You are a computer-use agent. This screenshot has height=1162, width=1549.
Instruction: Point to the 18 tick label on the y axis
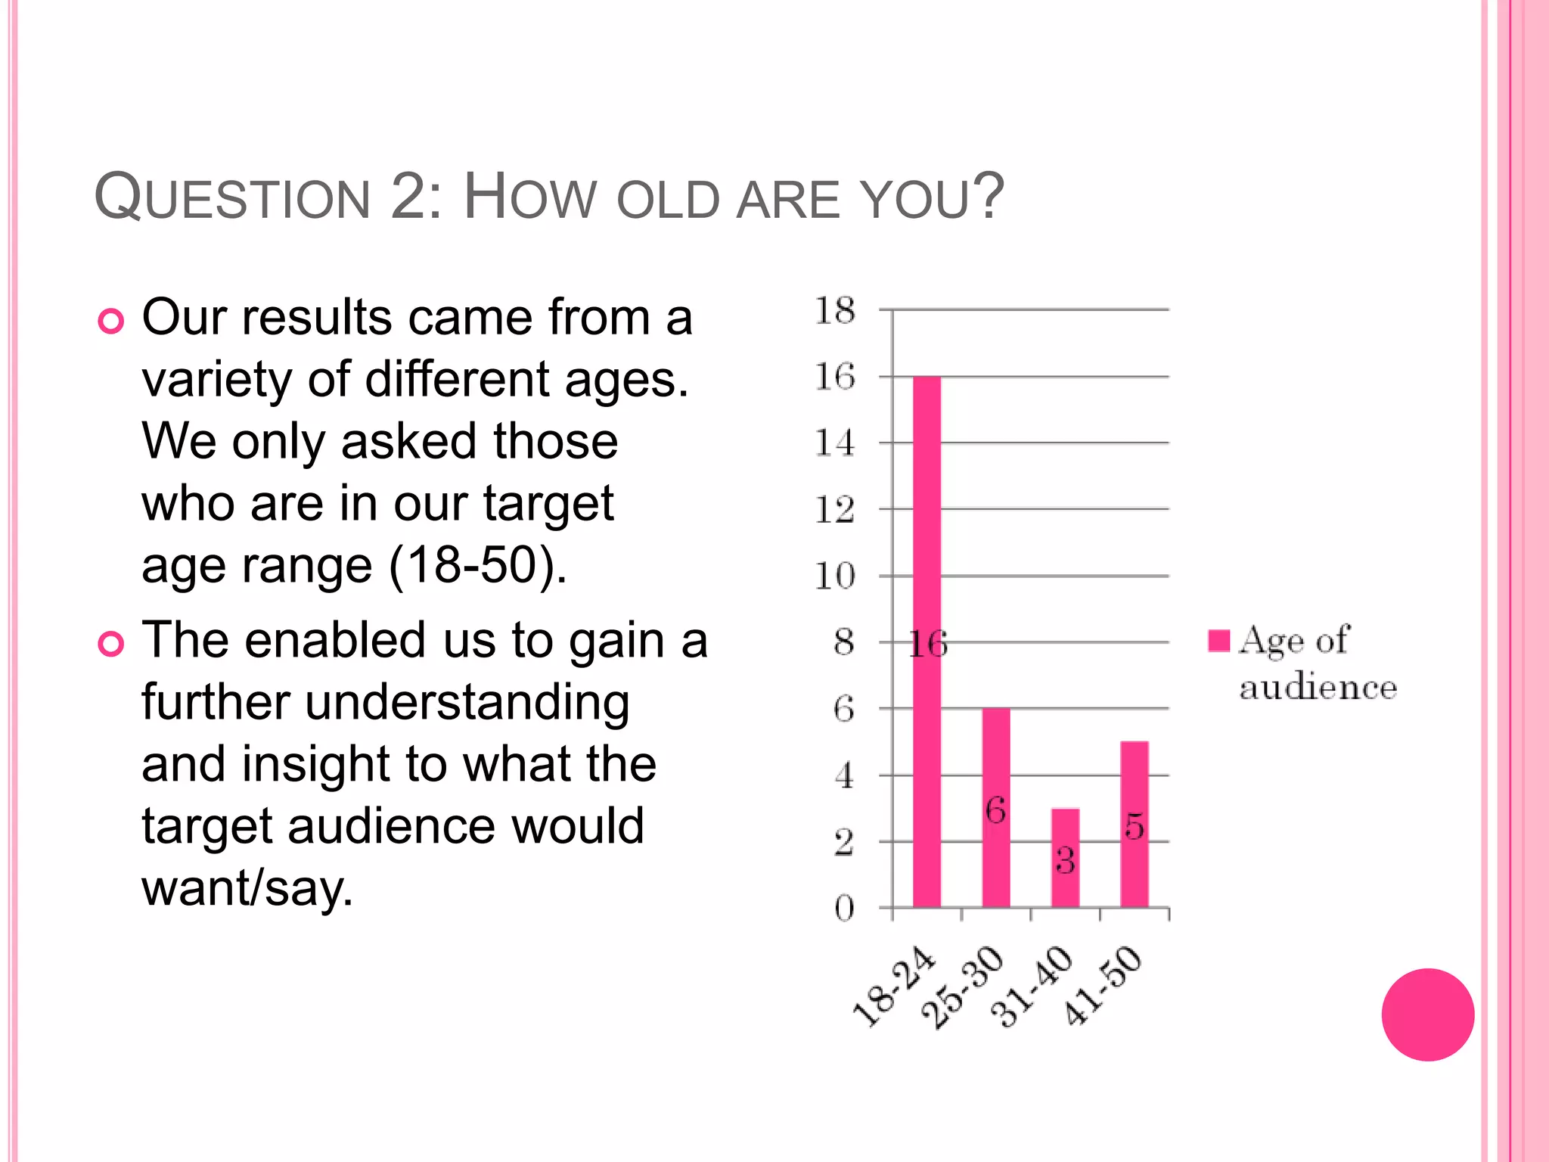[x=835, y=310]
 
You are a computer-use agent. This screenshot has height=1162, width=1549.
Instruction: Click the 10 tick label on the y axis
[x=835, y=576]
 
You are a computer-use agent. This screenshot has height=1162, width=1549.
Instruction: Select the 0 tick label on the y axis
[x=844, y=908]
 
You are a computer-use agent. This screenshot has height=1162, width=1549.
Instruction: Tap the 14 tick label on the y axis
[x=835, y=443]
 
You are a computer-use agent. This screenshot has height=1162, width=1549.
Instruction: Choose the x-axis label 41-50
[x=1102, y=986]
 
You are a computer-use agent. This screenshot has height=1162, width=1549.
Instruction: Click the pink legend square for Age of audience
[x=1218, y=641]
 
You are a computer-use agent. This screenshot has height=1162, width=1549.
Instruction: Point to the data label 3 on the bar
[x=1065, y=860]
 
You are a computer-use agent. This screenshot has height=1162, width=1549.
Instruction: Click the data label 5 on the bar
[x=1134, y=826]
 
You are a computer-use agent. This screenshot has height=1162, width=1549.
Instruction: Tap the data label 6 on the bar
[x=995, y=811]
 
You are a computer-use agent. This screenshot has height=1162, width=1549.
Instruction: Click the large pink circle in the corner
[x=1427, y=1014]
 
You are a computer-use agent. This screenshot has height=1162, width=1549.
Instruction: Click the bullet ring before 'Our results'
[x=111, y=322]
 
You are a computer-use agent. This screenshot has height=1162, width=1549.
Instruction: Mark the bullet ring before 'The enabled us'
[x=111, y=645]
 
